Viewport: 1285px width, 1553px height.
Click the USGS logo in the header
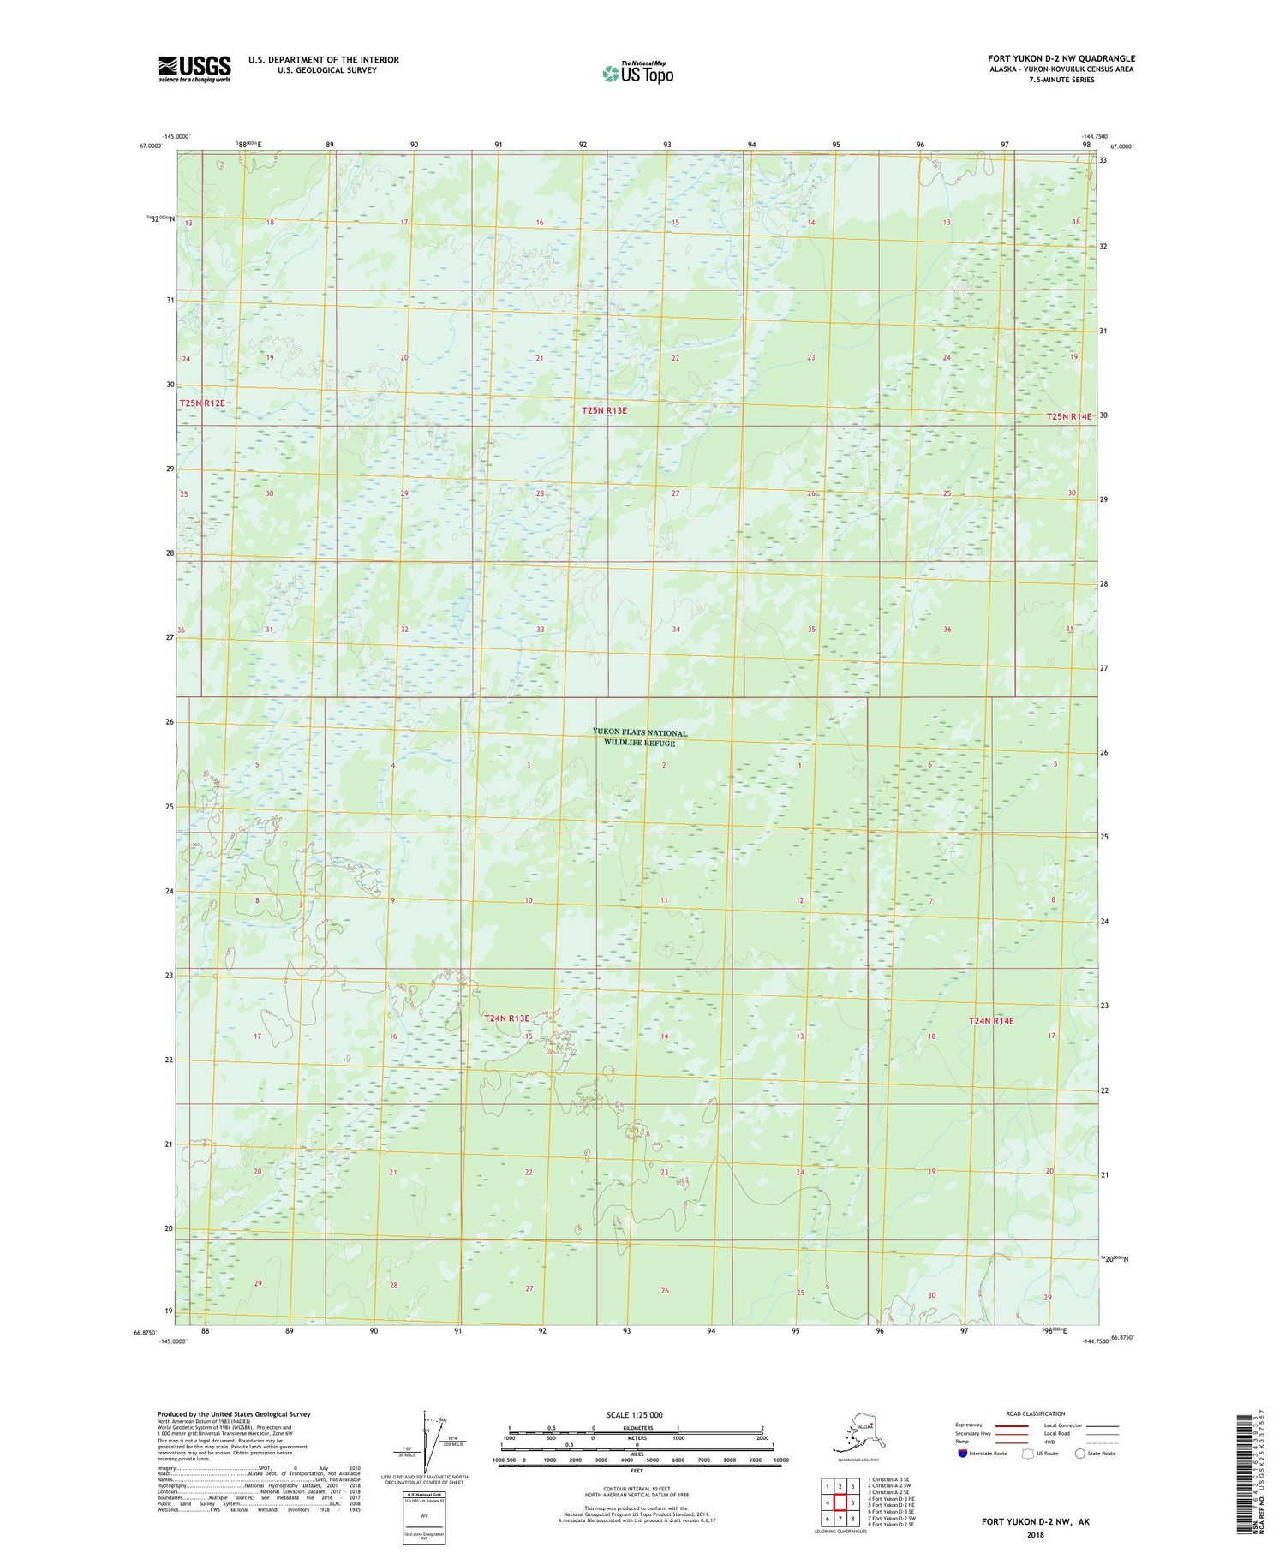(x=194, y=69)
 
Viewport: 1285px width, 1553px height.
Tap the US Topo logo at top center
(x=637, y=73)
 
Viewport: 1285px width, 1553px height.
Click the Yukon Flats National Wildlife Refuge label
(x=639, y=738)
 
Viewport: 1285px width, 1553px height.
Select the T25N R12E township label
(x=202, y=403)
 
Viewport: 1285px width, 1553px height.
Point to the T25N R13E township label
(x=604, y=410)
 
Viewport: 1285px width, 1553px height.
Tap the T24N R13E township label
(x=506, y=1018)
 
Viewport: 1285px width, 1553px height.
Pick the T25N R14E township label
(x=1069, y=416)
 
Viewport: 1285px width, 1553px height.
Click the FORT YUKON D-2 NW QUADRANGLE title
(x=1061, y=59)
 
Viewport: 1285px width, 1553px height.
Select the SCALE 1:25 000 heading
(x=635, y=1414)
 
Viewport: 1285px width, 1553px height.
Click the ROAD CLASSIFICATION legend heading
(x=1036, y=1413)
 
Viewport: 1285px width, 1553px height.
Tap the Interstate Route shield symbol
(x=964, y=1453)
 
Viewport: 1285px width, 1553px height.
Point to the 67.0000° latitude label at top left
(x=149, y=146)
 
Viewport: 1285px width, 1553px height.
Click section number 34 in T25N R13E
(x=676, y=630)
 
